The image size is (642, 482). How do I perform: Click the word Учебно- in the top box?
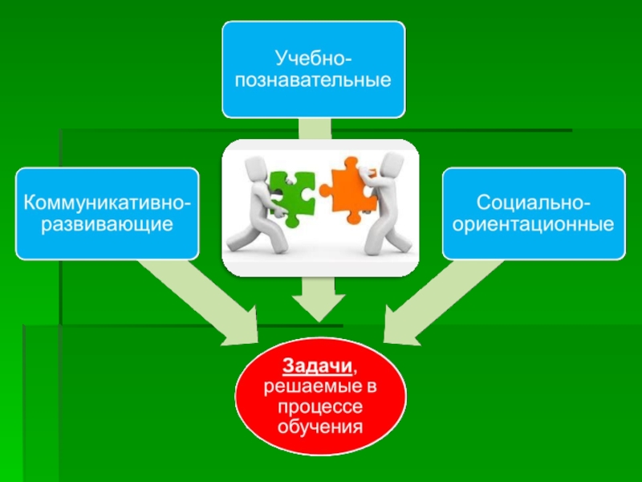314,58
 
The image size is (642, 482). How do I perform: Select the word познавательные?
314,80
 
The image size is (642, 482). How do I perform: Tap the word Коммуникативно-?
107,200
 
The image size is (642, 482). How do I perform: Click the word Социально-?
534,200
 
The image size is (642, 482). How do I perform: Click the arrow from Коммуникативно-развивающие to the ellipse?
201,297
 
